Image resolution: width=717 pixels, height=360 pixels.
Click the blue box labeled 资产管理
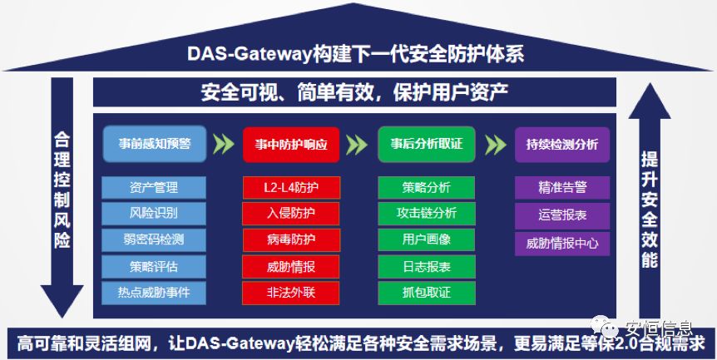(154, 187)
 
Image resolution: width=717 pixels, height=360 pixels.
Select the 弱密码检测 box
(154, 240)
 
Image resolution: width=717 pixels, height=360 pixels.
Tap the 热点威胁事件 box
(154, 293)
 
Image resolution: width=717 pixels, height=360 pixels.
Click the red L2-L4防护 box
(290, 187)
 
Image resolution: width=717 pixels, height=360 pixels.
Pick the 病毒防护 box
(290, 240)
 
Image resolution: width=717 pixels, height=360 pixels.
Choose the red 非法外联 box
(290, 293)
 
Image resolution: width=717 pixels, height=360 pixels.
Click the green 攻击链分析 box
(426, 214)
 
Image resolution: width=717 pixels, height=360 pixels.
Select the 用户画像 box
(426, 240)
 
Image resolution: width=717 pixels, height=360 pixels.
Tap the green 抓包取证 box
(426, 293)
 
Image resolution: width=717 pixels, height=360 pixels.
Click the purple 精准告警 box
(562, 187)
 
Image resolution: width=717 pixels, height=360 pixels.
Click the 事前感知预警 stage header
(154, 144)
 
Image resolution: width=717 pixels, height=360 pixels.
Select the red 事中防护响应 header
(290, 144)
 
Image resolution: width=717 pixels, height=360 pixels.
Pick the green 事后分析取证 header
(426, 144)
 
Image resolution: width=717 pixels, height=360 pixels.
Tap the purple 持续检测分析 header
(562, 144)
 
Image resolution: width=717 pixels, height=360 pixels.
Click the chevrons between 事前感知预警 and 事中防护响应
(223, 144)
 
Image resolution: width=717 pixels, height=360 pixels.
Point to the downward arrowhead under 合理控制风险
(62, 301)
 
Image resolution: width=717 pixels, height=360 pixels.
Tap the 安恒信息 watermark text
(663, 318)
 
